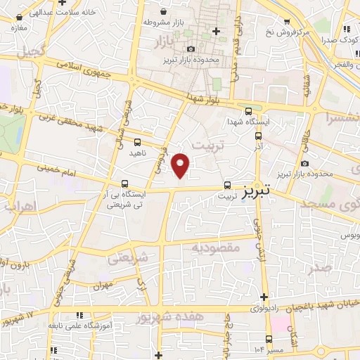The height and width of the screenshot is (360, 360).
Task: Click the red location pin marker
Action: click(181, 165)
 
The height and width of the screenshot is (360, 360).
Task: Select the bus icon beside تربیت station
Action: click(226, 186)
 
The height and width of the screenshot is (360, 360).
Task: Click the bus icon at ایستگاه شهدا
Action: click(247, 110)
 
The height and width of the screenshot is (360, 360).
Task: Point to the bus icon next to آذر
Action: click(258, 136)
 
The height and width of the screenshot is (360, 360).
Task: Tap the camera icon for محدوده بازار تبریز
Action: click(191, 49)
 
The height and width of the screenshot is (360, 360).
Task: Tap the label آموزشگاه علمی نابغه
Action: click(77, 326)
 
